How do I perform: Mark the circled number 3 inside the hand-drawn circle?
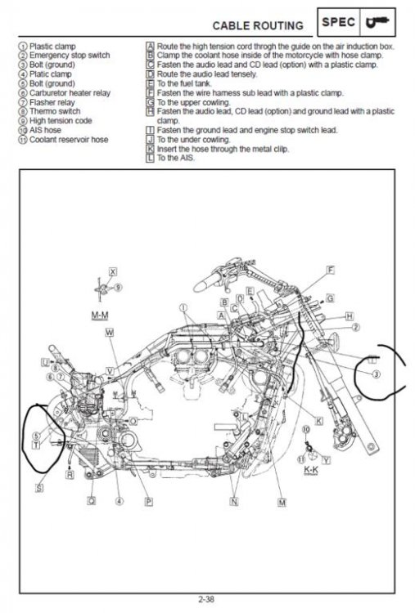(375, 374)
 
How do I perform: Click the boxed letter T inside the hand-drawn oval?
(36, 444)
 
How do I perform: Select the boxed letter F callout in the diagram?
(330, 269)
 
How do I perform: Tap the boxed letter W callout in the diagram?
(110, 333)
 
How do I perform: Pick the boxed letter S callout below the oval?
(39, 488)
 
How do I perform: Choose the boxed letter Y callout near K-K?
(326, 460)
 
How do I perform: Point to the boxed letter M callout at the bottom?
(282, 502)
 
